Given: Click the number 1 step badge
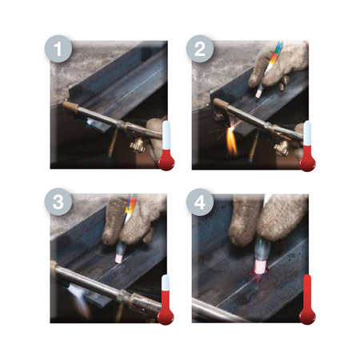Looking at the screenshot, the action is click(58, 49).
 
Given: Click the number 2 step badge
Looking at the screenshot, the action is click(200, 49).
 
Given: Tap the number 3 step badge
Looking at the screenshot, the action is click(58, 202).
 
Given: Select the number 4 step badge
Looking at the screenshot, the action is click(200, 202).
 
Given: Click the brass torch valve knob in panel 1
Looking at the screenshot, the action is click(138, 146).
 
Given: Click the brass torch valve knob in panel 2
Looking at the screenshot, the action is click(282, 148).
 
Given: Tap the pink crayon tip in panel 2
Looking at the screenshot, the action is click(258, 93).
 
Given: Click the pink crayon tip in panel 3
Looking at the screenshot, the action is click(118, 258).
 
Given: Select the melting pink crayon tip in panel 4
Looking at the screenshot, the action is click(259, 267).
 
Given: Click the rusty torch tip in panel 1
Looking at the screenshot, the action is click(70, 106).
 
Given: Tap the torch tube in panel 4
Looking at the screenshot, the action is click(214, 311).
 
